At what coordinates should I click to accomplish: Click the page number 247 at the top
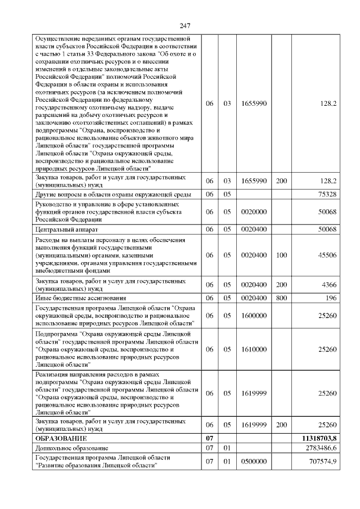point(186,26)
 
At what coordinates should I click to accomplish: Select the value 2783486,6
point(318,448)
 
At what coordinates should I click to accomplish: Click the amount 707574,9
point(319,462)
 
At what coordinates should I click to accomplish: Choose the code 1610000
point(253,349)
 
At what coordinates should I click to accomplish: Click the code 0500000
point(253,462)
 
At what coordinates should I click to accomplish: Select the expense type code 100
point(281,255)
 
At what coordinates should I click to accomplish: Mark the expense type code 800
point(281,298)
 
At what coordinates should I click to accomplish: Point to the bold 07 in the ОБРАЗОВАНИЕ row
point(210,438)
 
